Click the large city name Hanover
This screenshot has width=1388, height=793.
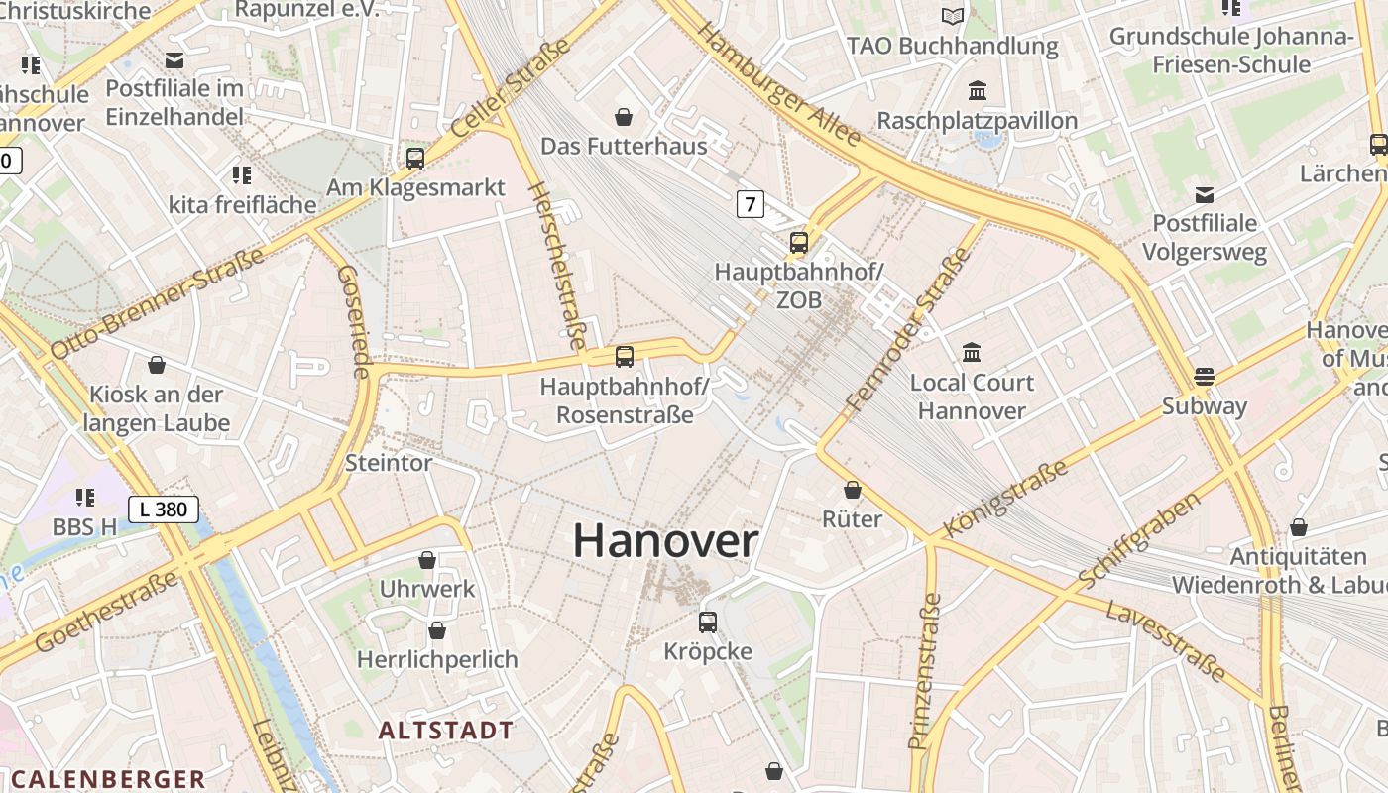pyautogui.click(x=665, y=541)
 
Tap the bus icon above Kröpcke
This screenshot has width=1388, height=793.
pyautogui.click(x=707, y=622)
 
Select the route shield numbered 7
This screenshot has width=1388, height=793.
pyautogui.click(x=751, y=204)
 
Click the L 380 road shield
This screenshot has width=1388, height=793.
pyautogui.click(x=164, y=510)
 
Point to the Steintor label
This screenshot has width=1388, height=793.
pyautogui.click(x=389, y=463)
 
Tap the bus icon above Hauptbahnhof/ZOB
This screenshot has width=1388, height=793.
pyautogui.click(x=798, y=242)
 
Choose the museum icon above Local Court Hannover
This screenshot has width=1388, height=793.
pyautogui.click(x=972, y=352)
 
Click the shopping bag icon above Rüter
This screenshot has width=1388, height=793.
pyautogui.click(x=853, y=490)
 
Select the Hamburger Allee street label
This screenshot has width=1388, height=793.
pyautogui.click(x=777, y=83)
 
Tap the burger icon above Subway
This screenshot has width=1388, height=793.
pyautogui.click(x=1205, y=376)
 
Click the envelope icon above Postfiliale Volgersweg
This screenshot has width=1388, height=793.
pyautogui.click(x=1205, y=194)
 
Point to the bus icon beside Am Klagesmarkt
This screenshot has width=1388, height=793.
pyautogui.click(x=415, y=158)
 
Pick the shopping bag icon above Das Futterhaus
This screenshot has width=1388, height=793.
pyautogui.click(x=624, y=117)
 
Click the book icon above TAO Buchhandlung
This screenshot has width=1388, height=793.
pyautogui.click(x=953, y=16)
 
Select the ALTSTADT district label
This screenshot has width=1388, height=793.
pyautogui.click(x=446, y=731)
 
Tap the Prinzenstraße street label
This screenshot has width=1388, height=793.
pyautogui.click(x=924, y=671)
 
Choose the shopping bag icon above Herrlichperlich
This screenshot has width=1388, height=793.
pyautogui.click(x=437, y=630)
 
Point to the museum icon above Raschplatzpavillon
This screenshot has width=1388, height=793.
pyautogui.click(x=978, y=91)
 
